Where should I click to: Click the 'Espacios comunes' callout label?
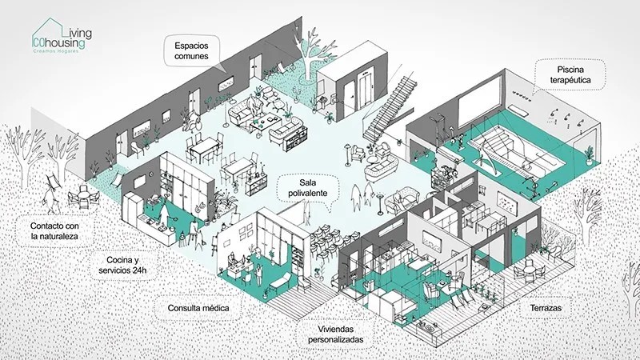pos(191,50)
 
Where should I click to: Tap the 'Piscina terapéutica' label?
pos(570,74)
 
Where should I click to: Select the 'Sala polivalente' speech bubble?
pos(308,188)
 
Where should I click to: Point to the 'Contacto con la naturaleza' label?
pos(54,231)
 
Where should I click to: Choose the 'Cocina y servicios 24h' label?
pos(122,265)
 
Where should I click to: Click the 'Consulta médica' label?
pos(198,308)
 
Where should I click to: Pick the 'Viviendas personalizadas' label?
pos(335,334)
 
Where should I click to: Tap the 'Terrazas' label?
pos(546,308)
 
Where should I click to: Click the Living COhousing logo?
pos(62,35)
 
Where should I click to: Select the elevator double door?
pos(365,92)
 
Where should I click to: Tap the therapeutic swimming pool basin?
pos(515,151)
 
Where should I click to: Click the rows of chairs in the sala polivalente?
pos(332,245)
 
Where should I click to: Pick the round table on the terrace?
pos(528,270)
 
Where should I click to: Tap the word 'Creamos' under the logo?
pos(42,51)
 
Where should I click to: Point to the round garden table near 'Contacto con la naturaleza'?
pos(83,194)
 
